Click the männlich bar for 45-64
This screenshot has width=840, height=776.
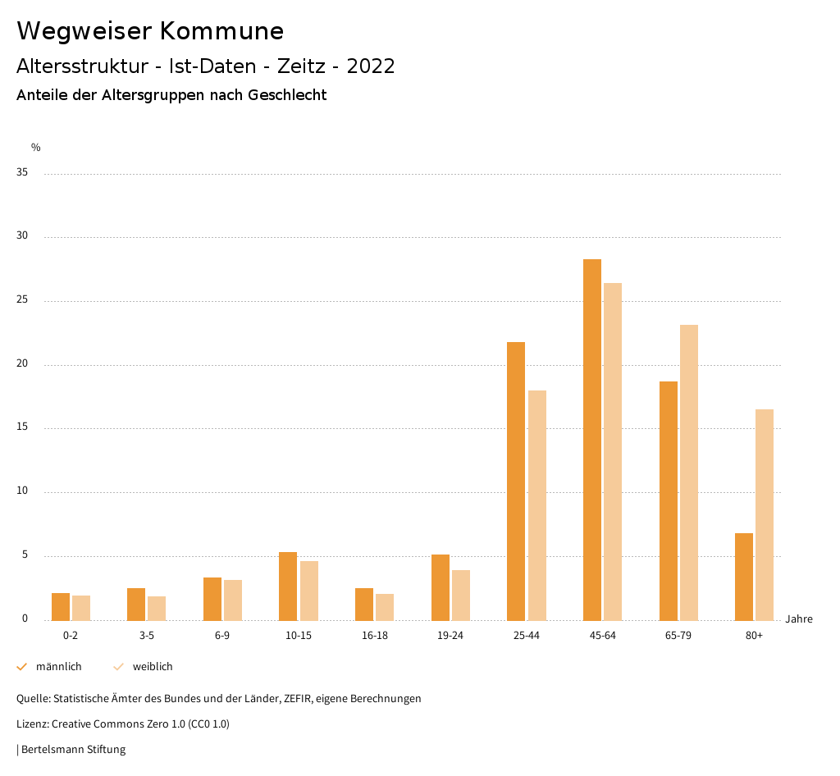click(x=592, y=440)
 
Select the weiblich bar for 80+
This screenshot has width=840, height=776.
click(x=765, y=514)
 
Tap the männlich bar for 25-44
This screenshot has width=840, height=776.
click(x=516, y=481)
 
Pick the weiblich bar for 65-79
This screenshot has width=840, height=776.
click(x=689, y=472)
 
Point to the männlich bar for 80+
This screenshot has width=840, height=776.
click(x=744, y=577)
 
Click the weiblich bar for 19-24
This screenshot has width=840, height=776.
click(x=461, y=595)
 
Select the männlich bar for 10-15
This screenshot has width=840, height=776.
click(x=288, y=586)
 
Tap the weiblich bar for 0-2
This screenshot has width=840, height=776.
click(x=81, y=608)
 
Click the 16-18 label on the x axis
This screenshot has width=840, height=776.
click(x=375, y=636)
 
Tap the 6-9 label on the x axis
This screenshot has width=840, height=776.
click(x=222, y=636)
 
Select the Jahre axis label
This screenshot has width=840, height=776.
click(x=799, y=619)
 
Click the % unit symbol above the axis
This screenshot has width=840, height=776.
click(x=36, y=148)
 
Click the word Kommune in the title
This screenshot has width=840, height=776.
click(x=221, y=31)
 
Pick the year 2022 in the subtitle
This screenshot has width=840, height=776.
click(x=371, y=66)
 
